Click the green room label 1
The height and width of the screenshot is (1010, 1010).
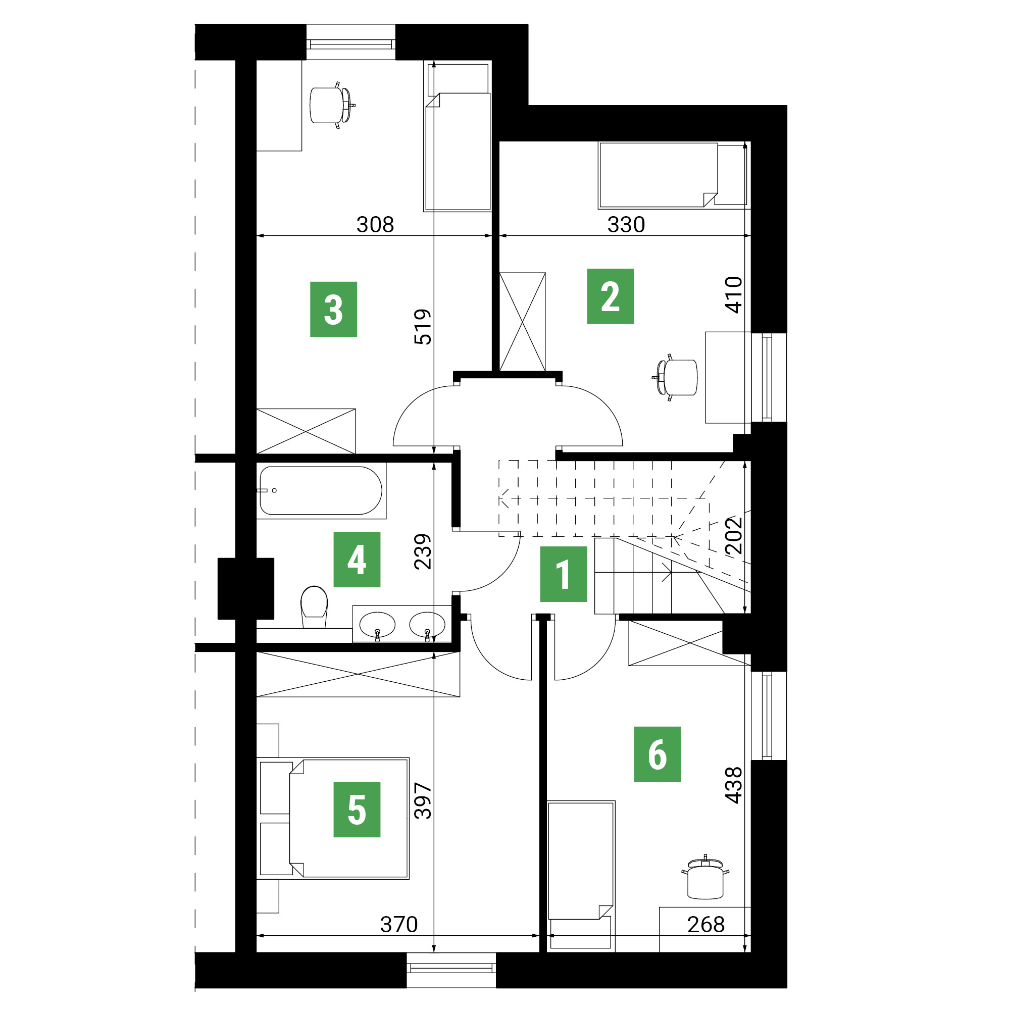click(563, 574)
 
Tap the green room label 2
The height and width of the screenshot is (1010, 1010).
click(610, 296)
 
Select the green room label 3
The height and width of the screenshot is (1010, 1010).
click(333, 309)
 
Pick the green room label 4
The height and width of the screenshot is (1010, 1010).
click(357, 560)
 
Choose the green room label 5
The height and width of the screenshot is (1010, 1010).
click(357, 809)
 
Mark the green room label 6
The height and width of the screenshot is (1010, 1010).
click(657, 754)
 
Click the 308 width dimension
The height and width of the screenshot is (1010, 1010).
click(375, 224)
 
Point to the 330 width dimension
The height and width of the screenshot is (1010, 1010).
click(626, 224)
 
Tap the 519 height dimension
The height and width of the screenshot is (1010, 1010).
click(422, 327)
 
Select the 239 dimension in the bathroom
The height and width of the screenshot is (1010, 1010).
click(422, 551)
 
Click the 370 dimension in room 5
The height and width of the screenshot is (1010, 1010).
click(399, 924)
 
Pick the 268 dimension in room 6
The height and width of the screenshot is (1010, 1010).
click(706, 924)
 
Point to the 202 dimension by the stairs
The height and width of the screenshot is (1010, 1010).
click(733, 535)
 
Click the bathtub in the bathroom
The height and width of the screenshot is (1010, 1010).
click(321, 490)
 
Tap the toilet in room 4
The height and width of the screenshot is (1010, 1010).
click(314, 607)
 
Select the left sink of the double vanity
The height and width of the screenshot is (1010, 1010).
click(377, 625)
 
